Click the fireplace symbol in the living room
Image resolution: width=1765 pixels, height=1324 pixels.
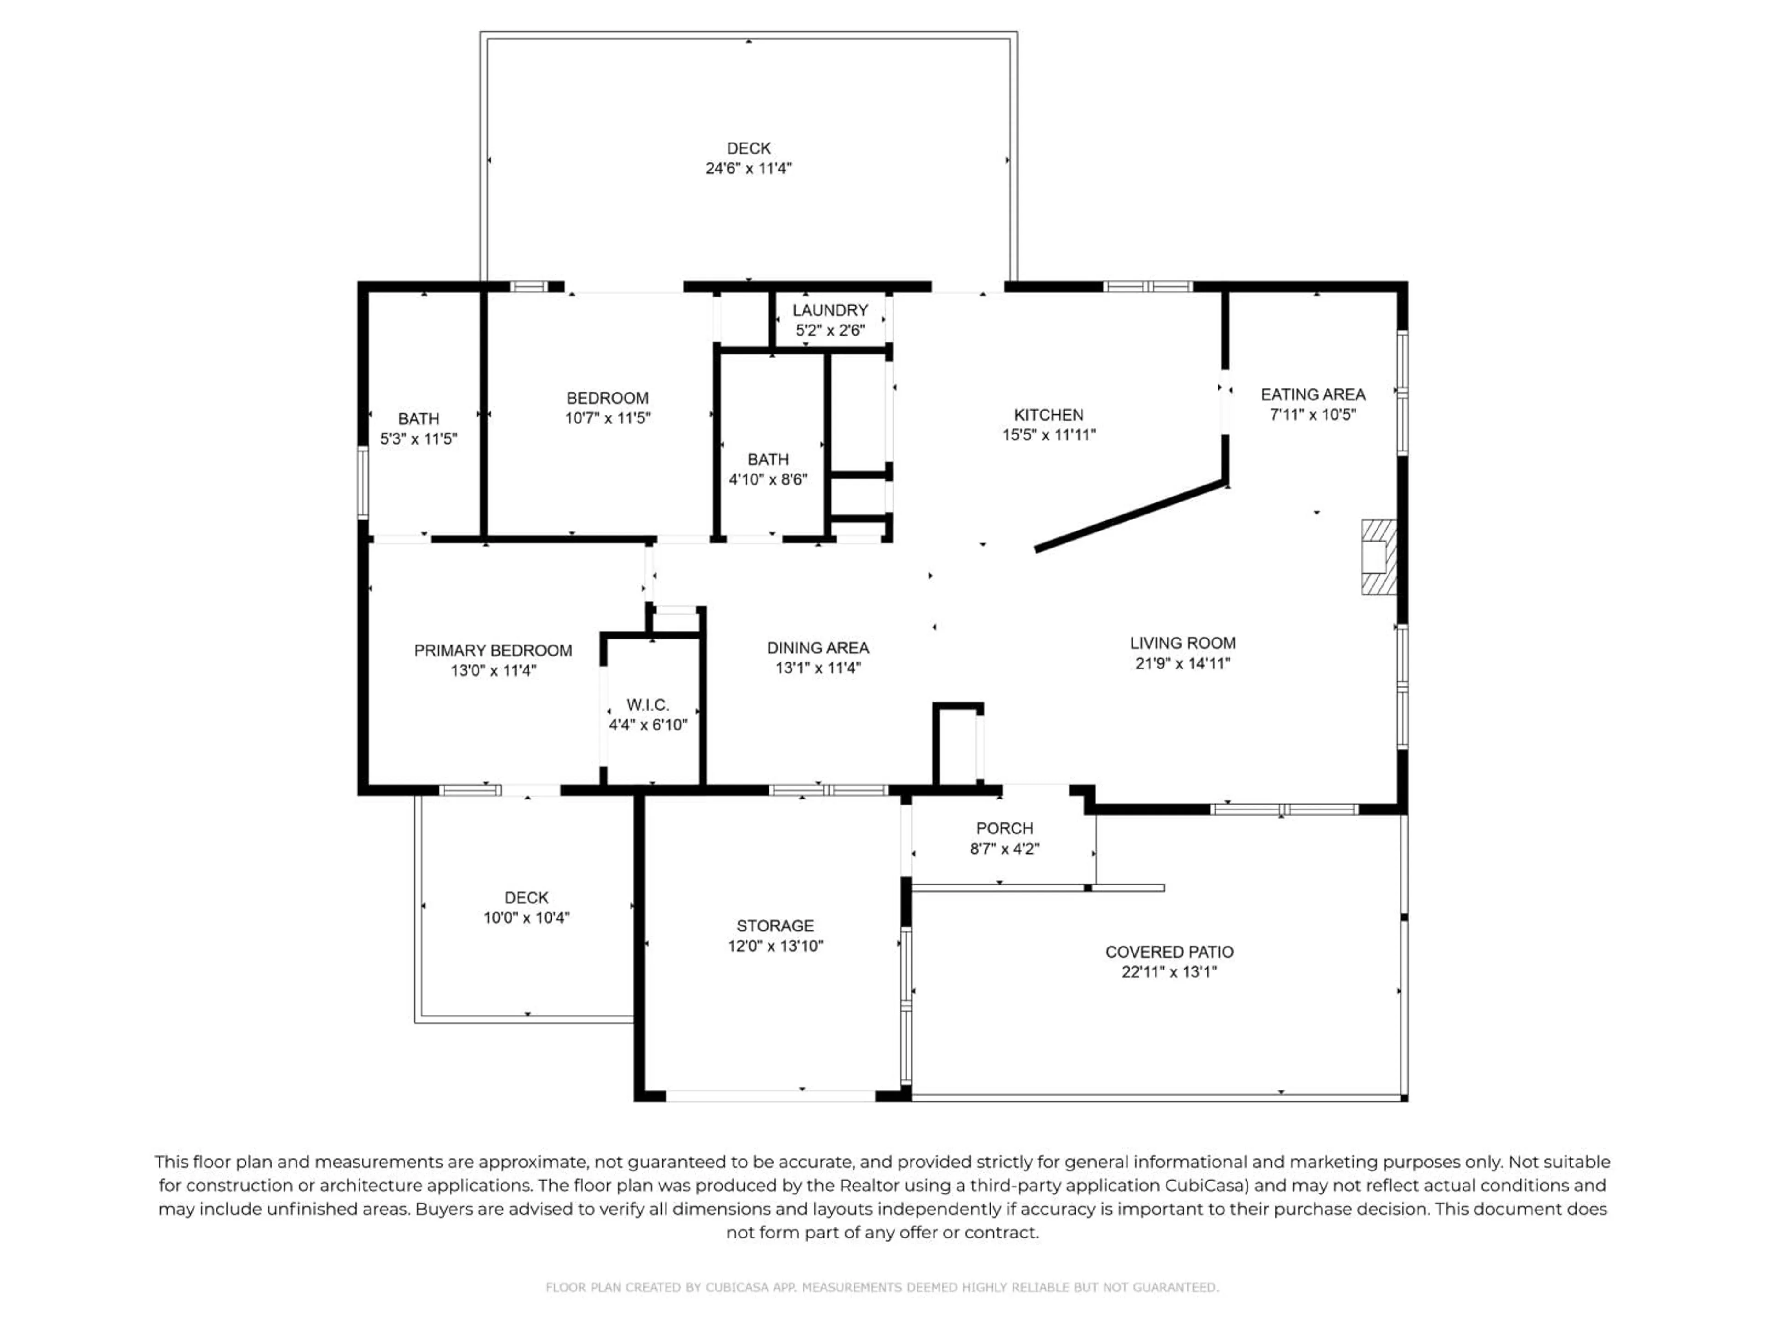(x=1378, y=557)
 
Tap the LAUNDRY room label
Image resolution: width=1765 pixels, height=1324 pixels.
(x=830, y=310)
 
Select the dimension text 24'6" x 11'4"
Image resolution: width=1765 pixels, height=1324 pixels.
(x=748, y=168)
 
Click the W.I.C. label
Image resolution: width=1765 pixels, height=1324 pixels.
(x=647, y=705)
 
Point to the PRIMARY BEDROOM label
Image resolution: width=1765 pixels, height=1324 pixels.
(x=492, y=651)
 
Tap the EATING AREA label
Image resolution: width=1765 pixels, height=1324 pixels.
(x=1313, y=394)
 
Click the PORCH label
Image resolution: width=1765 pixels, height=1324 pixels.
(x=1004, y=828)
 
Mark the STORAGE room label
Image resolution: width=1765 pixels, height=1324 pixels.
(x=775, y=926)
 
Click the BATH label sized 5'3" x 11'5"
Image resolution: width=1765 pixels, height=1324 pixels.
(x=418, y=419)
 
